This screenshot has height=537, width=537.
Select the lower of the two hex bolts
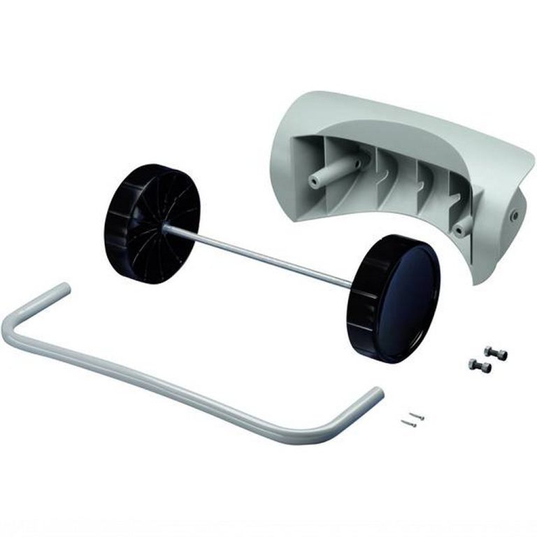pyautogui.click(x=480, y=364)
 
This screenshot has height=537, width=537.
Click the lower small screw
pyautogui.click(x=408, y=422)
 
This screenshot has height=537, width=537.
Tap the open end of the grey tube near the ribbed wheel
pyautogui.click(x=63, y=289)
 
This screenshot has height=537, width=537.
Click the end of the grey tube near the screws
pyautogui.click(x=376, y=395)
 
